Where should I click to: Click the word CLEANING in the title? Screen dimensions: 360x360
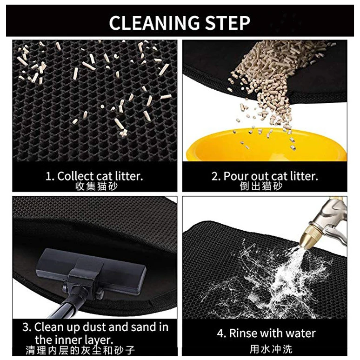click(x=154, y=23)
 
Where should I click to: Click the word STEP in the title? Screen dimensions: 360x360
click(x=227, y=23)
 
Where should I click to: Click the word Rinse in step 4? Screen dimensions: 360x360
click(x=244, y=333)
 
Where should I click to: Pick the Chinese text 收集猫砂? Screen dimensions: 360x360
click(x=96, y=187)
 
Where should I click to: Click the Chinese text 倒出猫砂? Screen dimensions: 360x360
click(x=261, y=186)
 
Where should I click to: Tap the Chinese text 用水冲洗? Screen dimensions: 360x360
click(x=271, y=349)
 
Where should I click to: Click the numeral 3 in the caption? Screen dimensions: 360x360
click(x=26, y=327)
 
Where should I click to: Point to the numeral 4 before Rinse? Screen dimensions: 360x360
click(x=220, y=333)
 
